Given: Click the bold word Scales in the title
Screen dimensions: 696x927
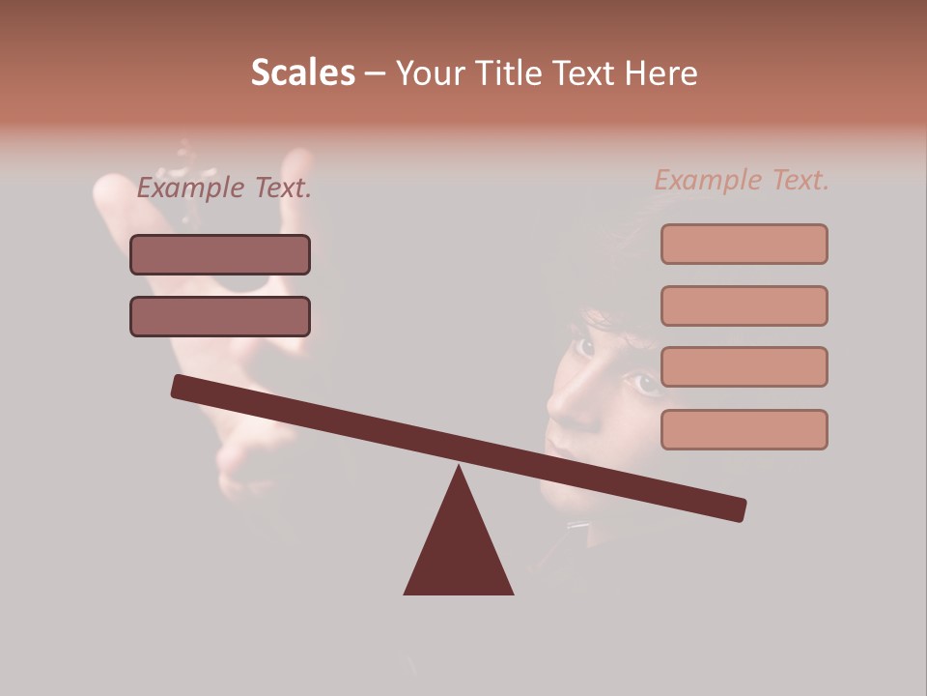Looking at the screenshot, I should click(302, 72).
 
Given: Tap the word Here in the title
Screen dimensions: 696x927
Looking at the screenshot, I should click(660, 72).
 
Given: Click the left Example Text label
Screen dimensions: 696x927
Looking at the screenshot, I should click(224, 188).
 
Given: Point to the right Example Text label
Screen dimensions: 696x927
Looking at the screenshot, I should click(742, 180).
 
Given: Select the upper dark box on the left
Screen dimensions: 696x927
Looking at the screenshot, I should click(220, 254).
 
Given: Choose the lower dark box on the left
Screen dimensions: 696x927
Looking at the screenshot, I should click(220, 316).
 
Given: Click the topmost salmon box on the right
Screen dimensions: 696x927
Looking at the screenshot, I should click(744, 244).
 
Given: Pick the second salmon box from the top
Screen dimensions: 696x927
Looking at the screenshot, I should click(744, 305).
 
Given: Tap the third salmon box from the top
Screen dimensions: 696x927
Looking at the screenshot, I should click(744, 367).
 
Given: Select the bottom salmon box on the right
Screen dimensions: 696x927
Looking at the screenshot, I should click(744, 429).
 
